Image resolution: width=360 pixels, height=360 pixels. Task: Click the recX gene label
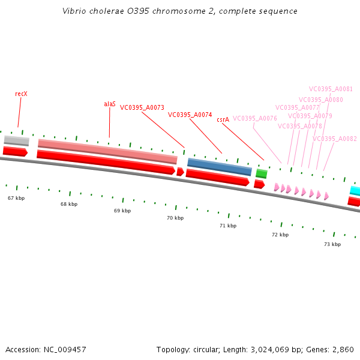tap(22, 94)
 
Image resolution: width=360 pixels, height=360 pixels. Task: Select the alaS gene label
tap(110, 104)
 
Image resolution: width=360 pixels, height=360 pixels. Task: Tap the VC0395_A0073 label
tap(142, 108)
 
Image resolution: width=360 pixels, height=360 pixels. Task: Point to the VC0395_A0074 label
tap(190, 115)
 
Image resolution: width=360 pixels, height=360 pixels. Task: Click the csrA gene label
tap(223, 119)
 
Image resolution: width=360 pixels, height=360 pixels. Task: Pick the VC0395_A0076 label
tap(255, 119)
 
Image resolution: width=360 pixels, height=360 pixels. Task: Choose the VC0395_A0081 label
tap(331, 89)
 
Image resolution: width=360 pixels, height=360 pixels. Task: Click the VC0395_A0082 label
tap(335, 139)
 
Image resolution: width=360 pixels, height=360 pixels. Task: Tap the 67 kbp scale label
tap(16, 197)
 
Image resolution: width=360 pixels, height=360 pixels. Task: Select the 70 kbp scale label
tap(175, 218)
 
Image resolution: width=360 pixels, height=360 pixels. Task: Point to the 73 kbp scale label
tap(332, 244)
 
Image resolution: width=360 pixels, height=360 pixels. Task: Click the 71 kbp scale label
tap(228, 226)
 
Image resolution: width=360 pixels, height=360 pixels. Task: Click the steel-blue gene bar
tap(220, 166)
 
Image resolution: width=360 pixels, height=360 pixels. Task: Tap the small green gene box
tap(262, 173)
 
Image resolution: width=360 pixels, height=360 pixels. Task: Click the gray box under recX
tap(17, 140)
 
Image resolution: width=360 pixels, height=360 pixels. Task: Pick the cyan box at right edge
tap(355, 191)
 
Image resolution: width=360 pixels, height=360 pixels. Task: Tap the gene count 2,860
tap(343, 349)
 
